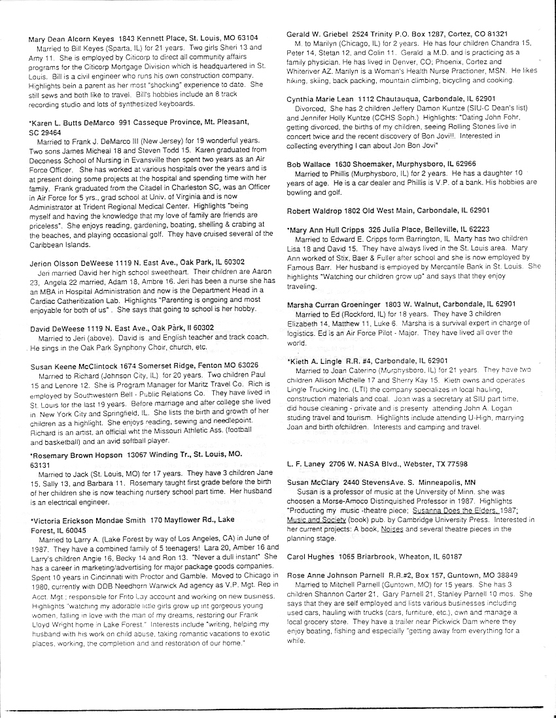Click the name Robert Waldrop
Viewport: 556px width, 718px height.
click(316, 211)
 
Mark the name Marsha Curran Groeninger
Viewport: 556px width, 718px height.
click(334, 304)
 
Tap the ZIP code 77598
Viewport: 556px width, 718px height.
click(454, 463)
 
